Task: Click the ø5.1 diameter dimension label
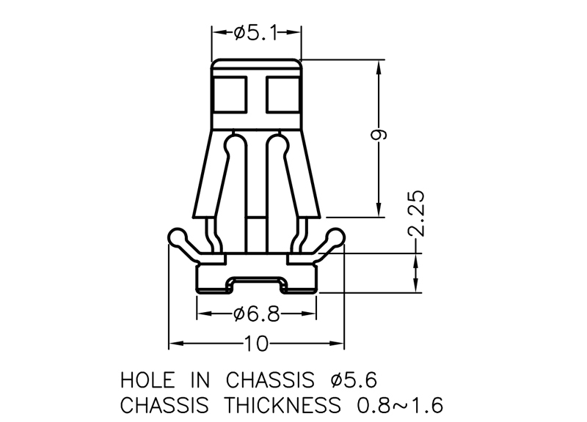tap(257, 32)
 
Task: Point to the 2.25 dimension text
tap(416, 214)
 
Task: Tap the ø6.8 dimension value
tap(257, 314)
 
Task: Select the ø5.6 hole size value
tap(354, 380)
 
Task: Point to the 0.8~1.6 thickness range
tap(400, 404)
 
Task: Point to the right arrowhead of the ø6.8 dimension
tap(312, 314)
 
